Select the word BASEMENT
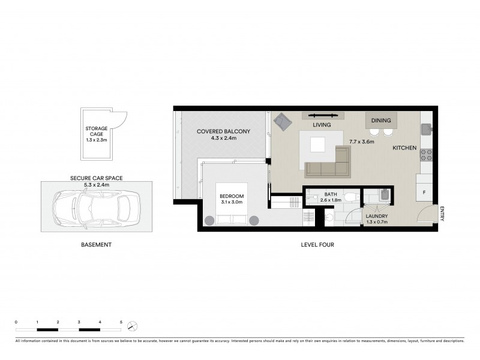pos(96,245)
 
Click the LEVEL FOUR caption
pos(317,245)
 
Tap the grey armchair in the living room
pos(281,122)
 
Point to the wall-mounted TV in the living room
pos(326,115)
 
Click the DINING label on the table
pos(380,121)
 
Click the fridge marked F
pos(424,193)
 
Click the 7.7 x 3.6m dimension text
pos(362,142)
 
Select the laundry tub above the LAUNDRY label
pos(384,194)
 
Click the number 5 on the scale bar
pos(121,323)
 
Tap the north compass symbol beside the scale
pos(133,326)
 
